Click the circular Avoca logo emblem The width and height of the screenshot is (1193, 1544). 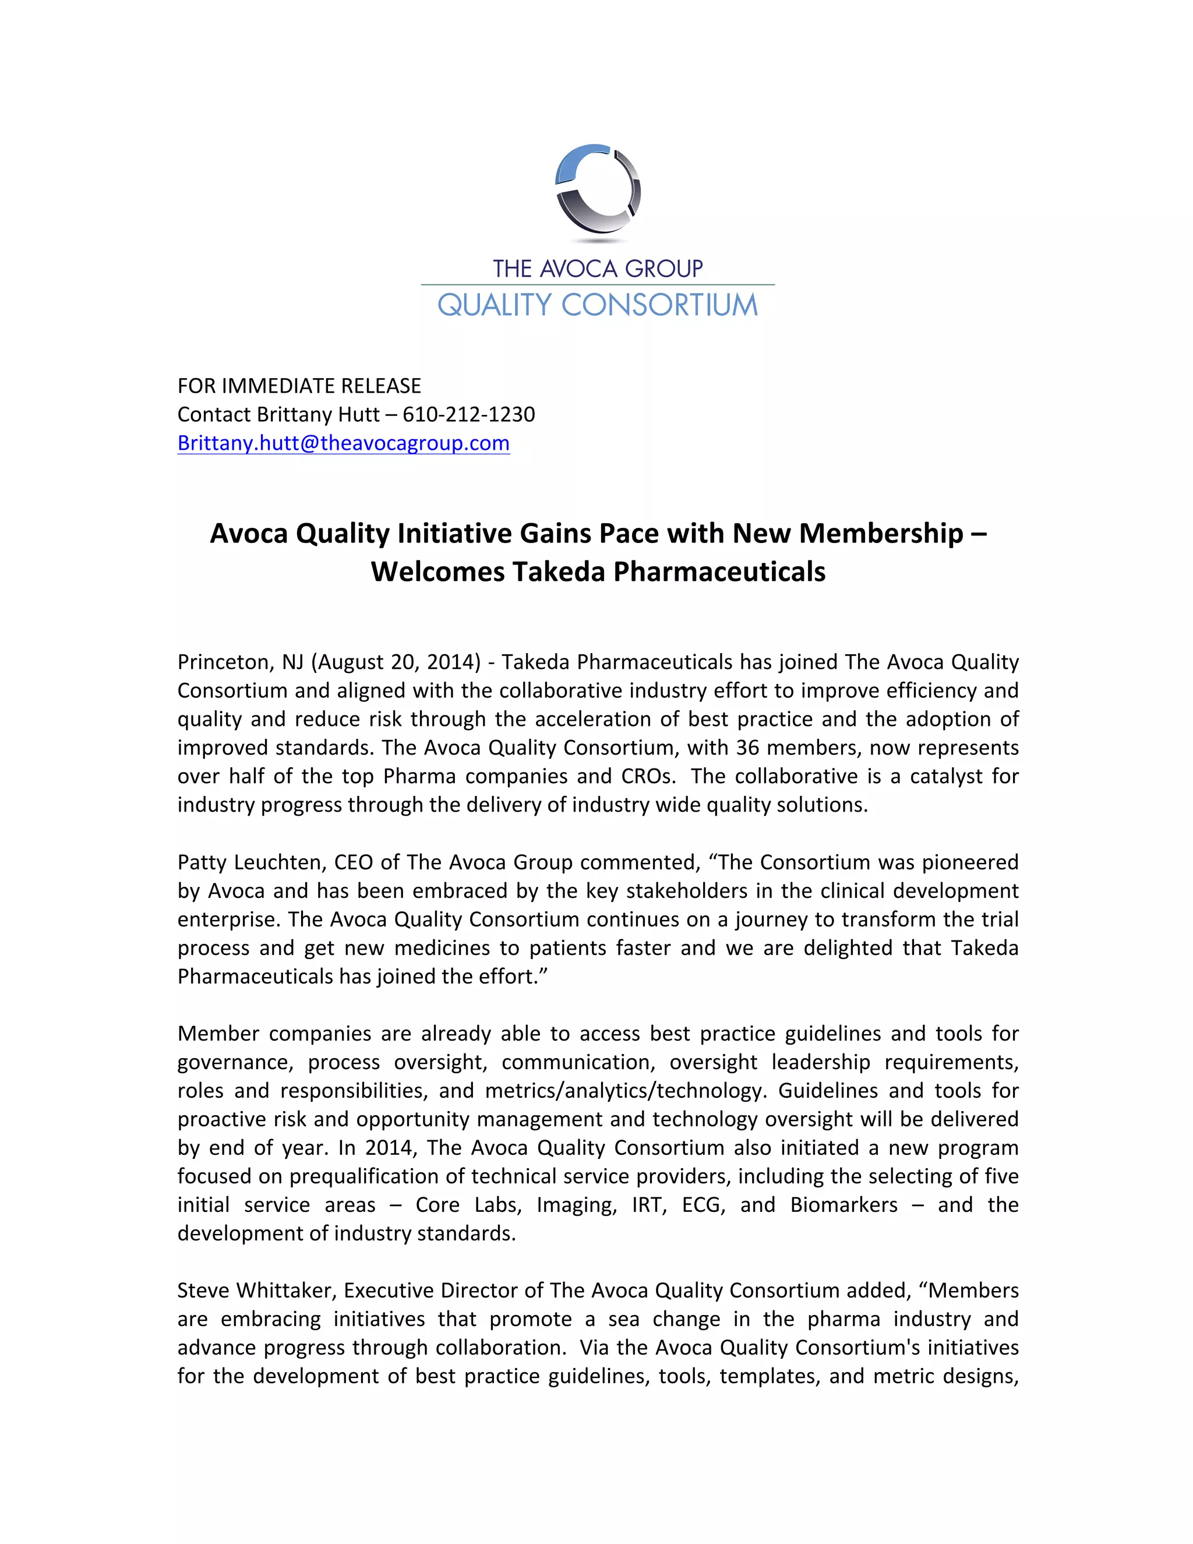pos(598,189)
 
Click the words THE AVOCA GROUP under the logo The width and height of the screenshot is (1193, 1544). pos(598,269)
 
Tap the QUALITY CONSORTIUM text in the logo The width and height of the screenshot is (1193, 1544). pos(598,305)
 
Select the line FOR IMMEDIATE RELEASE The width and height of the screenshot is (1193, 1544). pos(299,386)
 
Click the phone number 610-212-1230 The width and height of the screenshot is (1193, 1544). pos(468,414)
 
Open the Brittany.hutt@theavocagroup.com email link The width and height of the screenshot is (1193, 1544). pos(344,443)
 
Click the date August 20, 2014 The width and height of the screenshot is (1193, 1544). pos(395,662)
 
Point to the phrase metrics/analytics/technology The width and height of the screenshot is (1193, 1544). pos(626,1091)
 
